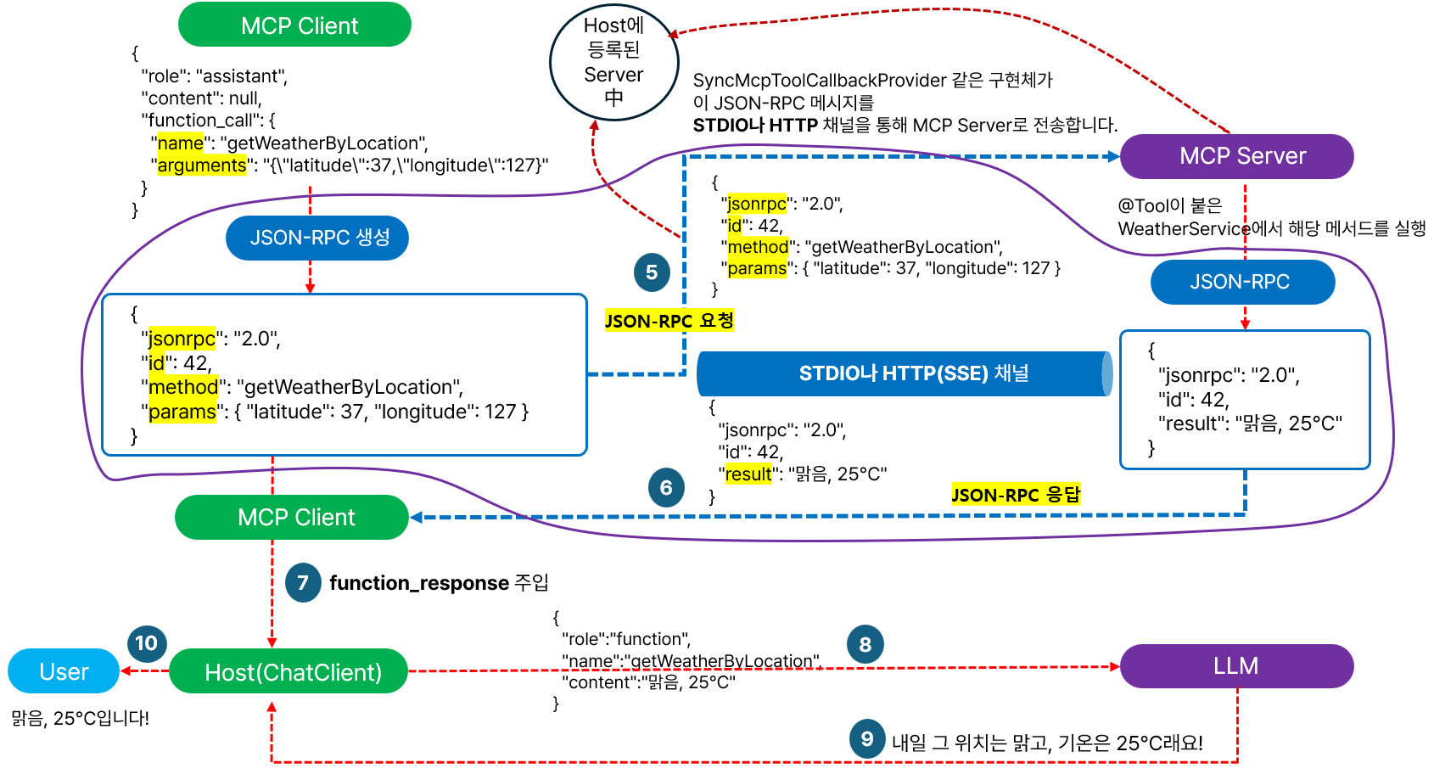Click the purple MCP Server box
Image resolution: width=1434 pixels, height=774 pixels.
pyautogui.click(x=1236, y=156)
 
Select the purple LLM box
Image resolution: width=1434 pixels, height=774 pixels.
pyautogui.click(x=1236, y=666)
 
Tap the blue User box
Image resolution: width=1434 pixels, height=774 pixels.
pyautogui.click(x=64, y=671)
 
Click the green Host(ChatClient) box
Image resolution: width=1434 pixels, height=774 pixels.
pyautogui.click(x=288, y=671)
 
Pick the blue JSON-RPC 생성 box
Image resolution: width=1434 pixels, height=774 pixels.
pyautogui.click(x=317, y=238)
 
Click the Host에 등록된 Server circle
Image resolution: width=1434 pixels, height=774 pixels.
pyautogui.click(x=614, y=62)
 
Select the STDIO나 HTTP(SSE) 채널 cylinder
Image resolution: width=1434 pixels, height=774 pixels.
pyautogui.click(x=905, y=373)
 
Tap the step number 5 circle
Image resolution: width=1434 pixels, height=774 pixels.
pyautogui.click(x=652, y=272)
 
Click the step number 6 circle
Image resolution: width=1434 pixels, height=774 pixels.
pyautogui.click(x=666, y=488)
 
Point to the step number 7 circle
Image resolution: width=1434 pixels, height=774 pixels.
pyautogui.click(x=303, y=583)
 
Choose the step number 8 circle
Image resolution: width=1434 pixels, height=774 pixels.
pyautogui.click(x=865, y=644)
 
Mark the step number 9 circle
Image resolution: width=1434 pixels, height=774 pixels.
pyautogui.click(x=867, y=739)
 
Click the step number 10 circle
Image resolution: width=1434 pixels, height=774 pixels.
pyautogui.click(x=146, y=643)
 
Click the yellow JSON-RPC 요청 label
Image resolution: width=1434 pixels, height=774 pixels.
pyautogui.click(x=669, y=321)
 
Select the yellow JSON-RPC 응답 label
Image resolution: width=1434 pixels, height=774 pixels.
pyautogui.click(x=1016, y=495)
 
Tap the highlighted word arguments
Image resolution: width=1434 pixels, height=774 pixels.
pyautogui.click(x=202, y=165)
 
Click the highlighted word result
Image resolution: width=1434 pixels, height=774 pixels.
pyautogui.click(x=748, y=474)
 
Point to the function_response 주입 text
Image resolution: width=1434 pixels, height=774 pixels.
pyautogui.click(x=439, y=583)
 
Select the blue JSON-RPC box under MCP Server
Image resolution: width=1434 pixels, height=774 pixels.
pyautogui.click(x=1242, y=282)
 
